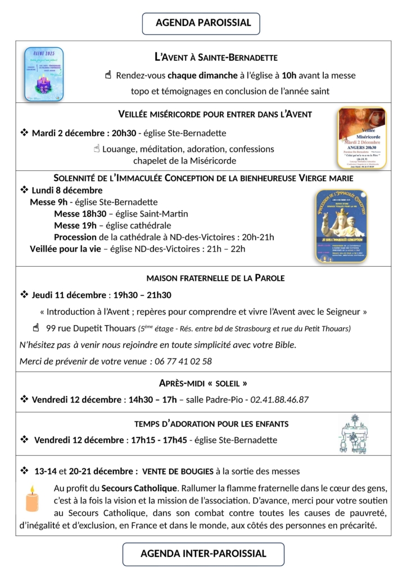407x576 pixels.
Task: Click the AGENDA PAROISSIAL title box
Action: [203, 23]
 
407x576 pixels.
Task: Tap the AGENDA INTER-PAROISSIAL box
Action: [203, 553]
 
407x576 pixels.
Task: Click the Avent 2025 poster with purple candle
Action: [44, 74]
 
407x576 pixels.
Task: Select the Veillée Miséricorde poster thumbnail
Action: [361, 138]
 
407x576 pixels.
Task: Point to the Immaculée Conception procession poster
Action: [341, 225]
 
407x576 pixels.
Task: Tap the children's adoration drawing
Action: [353, 434]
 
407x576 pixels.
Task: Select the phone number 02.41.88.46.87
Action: [278, 399]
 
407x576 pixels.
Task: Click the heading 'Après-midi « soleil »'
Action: [203, 384]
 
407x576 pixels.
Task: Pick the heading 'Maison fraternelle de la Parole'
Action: [215, 278]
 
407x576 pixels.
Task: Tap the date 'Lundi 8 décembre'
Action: [67, 190]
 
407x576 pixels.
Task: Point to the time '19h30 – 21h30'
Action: [142, 295]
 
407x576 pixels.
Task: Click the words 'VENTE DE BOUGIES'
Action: [178, 471]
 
